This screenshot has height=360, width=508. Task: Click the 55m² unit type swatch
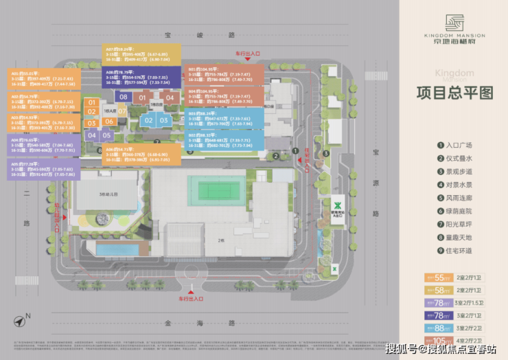[440, 278]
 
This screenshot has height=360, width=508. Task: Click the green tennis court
[220, 189]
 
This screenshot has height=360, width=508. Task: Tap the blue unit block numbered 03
[163, 120]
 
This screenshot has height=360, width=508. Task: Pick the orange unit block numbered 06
[108, 122]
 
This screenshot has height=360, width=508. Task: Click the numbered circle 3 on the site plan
[326, 153]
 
